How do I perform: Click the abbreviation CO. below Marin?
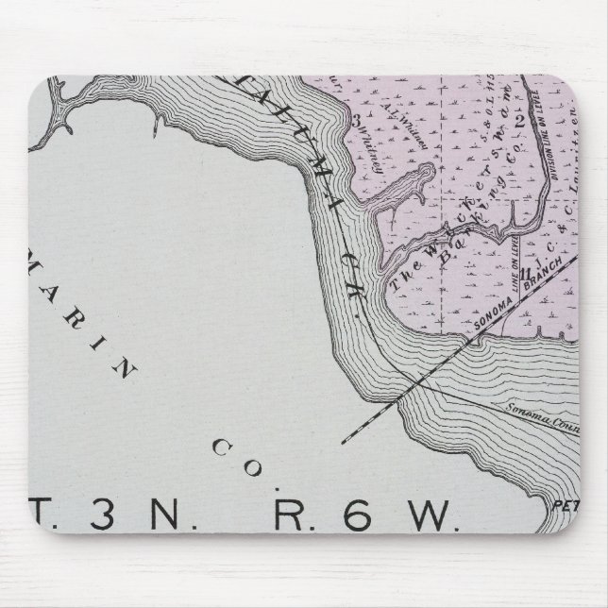226,448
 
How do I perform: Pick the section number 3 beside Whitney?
358,120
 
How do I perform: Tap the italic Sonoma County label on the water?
538,410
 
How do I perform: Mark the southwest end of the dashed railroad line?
343,440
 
